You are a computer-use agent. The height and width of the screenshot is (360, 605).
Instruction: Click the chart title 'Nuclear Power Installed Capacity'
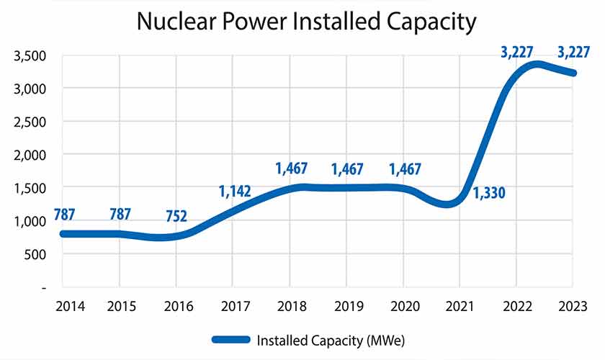point(306,22)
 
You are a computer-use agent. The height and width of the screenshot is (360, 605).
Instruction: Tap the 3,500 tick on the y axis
point(30,55)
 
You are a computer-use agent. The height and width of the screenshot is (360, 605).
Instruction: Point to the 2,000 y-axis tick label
point(30,155)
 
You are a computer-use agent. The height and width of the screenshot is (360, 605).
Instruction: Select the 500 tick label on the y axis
point(35,254)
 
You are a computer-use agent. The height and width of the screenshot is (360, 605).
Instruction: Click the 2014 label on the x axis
point(70,307)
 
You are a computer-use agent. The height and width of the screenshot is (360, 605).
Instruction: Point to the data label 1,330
point(489,192)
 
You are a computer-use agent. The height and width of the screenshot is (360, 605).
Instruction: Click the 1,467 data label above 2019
point(348,170)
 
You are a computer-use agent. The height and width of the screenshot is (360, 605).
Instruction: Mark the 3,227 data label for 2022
point(521,52)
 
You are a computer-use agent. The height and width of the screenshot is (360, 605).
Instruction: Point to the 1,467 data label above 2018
point(292,169)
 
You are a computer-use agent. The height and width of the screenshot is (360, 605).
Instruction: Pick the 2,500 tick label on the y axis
point(30,122)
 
